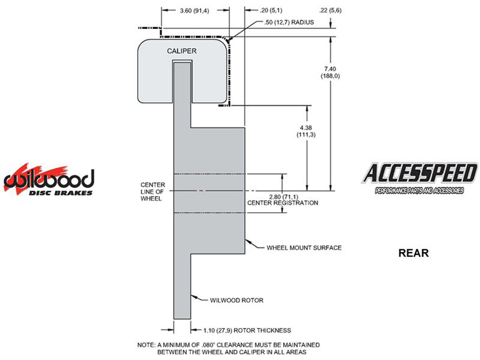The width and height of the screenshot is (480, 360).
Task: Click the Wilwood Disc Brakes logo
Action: [49, 180]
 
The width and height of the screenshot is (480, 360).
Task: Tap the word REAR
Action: [413, 253]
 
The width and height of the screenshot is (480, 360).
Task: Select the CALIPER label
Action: [182, 51]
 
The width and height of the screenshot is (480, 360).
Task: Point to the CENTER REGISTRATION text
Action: [283, 203]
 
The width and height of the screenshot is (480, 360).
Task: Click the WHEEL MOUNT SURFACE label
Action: [304, 248]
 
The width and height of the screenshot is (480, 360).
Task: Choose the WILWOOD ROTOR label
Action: [236, 300]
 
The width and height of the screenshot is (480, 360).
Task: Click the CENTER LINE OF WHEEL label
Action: [153, 192]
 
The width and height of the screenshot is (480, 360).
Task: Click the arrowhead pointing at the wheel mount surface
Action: [247, 241]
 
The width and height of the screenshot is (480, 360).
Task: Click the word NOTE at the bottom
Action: [146, 345]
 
